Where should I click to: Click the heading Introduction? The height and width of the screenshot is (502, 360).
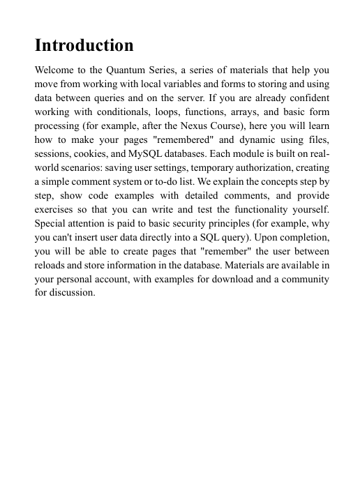click(84, 46)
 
